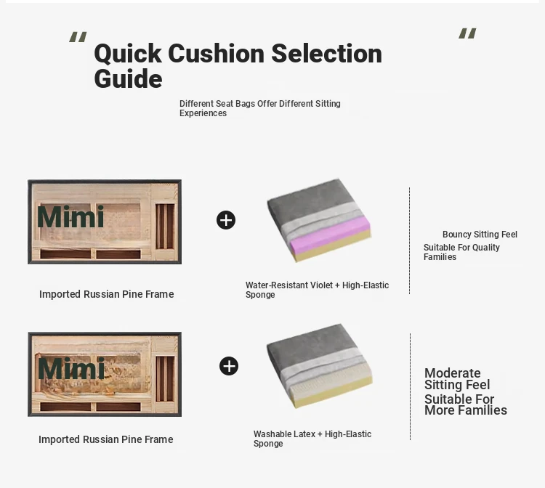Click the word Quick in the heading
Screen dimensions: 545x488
coord(128,54)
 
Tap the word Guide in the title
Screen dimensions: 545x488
coord(128,79)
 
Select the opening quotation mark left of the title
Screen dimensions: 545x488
coord(78,37)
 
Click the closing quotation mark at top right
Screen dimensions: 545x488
coord(467,33)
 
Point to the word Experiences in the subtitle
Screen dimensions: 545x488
coord(203,113)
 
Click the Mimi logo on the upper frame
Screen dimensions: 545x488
coord(70,216)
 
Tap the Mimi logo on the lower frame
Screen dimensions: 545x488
coord(71,368)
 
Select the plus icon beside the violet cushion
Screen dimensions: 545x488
coord(226,220)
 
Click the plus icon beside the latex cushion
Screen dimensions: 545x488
coord(229,366)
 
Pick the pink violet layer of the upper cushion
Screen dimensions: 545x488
coord(328,232)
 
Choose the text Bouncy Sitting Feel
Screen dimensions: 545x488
coord(480,235)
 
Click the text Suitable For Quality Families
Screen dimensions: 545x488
coord(461,252)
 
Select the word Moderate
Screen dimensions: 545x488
coord(453,373)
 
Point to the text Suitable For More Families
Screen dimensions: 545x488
coord(466,404)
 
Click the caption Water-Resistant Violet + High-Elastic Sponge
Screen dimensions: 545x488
coord(317,290)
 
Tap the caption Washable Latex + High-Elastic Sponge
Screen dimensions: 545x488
coord(312,439)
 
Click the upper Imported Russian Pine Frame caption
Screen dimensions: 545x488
coord(106,294)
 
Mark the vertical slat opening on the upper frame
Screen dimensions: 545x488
coord(165,227)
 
